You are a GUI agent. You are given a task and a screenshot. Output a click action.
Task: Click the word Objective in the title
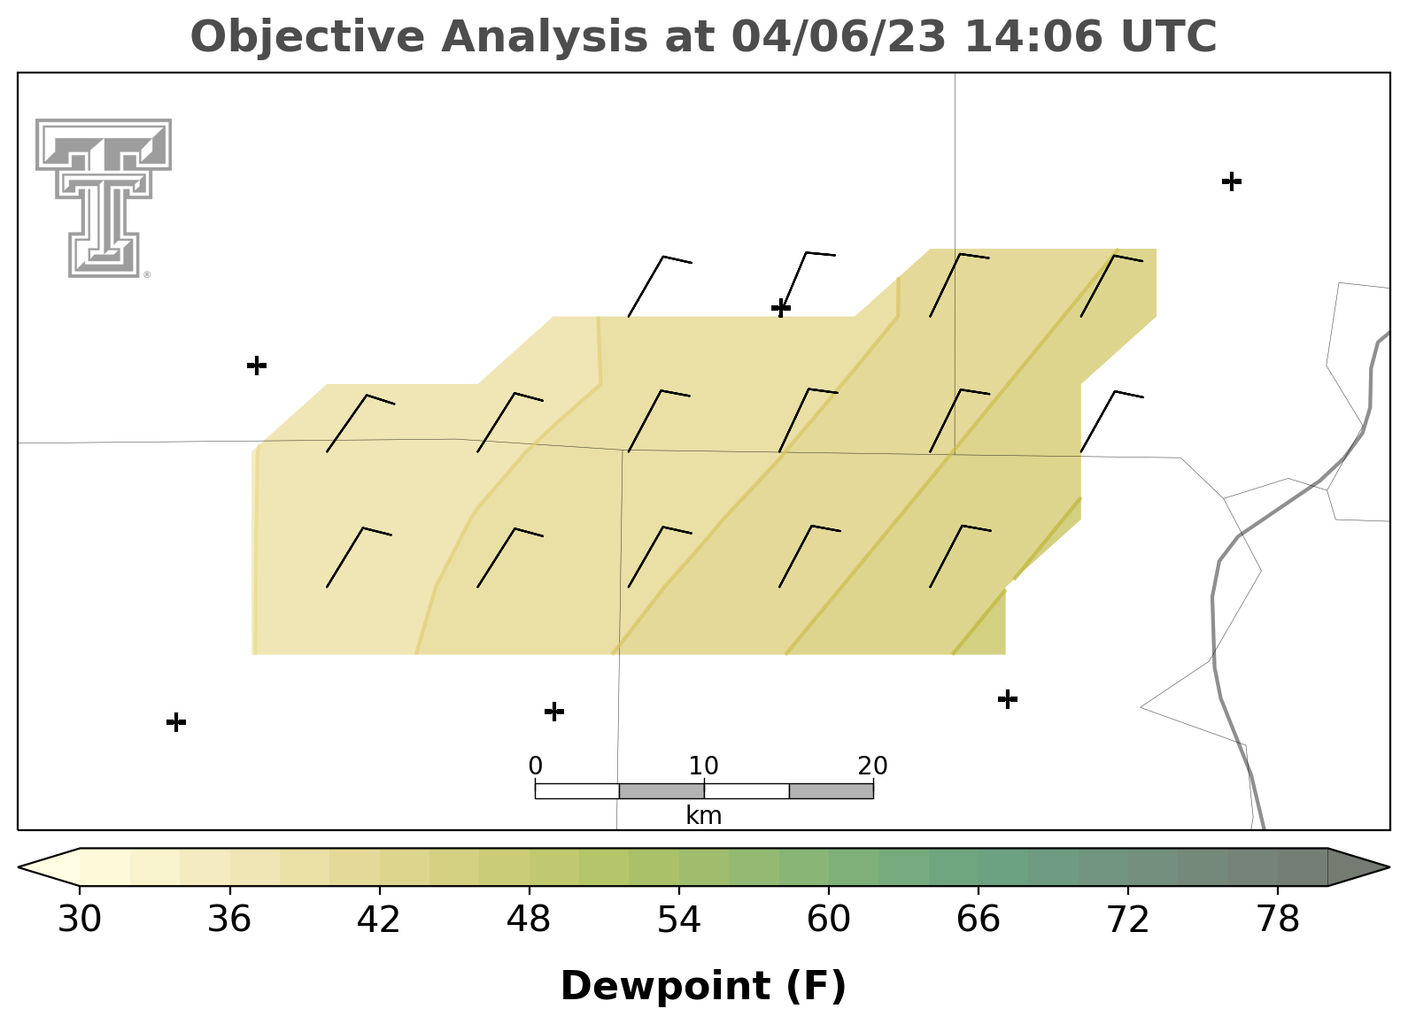[307, 37]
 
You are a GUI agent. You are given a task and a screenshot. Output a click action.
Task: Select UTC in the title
[1169, 36]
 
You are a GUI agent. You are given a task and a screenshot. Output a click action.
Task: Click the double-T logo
[104, 198]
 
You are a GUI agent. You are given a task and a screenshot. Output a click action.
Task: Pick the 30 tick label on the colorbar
[79, 920]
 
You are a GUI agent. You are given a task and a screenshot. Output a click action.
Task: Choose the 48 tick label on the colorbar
[529, 920]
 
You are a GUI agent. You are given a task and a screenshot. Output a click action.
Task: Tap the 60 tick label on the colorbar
[829, 920]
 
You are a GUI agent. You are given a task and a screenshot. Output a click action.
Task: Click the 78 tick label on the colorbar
[1278, 920]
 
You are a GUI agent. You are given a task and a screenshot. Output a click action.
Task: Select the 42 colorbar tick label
[378, 920]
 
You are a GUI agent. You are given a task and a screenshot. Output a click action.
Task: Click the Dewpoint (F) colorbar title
[703, 986]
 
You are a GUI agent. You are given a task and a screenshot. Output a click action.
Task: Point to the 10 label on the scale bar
[703, 766]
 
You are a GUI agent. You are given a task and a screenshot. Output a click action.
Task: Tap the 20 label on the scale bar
[872, 766]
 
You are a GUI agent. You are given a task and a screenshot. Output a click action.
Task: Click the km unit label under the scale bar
[703, 816]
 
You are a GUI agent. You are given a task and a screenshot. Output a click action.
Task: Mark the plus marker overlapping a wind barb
[781, 308]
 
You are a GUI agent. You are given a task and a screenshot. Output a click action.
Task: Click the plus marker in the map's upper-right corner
[1232, 181]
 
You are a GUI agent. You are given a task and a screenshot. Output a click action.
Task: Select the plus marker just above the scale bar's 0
[553, 712]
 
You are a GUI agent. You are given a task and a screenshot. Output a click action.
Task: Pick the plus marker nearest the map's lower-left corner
[176, 722]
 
